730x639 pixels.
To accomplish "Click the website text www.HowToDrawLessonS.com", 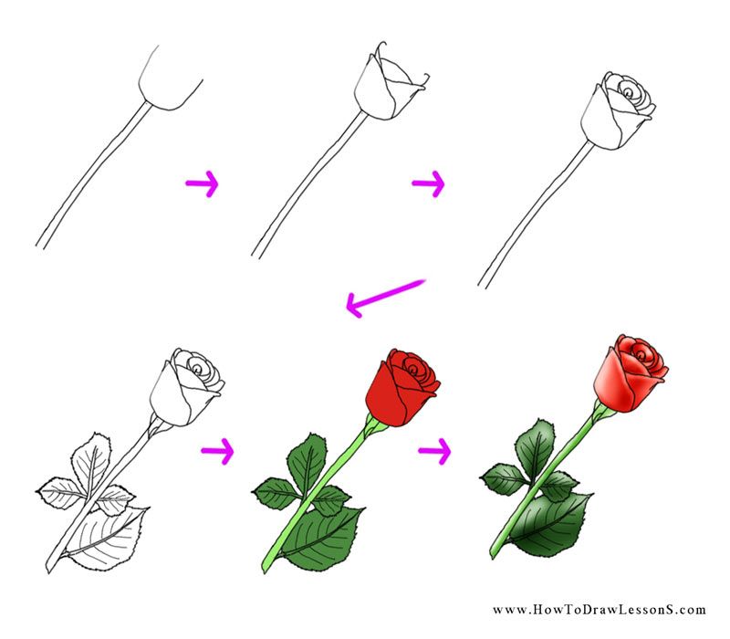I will click(x=600, y=610).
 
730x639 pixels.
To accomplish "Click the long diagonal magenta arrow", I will click(x=385, y=299).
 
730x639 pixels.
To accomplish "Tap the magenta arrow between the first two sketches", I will click(x=202, y=185).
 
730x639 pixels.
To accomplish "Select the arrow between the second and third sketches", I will click(x=427, y=185).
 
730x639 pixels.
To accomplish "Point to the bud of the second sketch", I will click(x=388, y=87).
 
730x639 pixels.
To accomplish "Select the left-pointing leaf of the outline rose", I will click(x=64, y=494).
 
